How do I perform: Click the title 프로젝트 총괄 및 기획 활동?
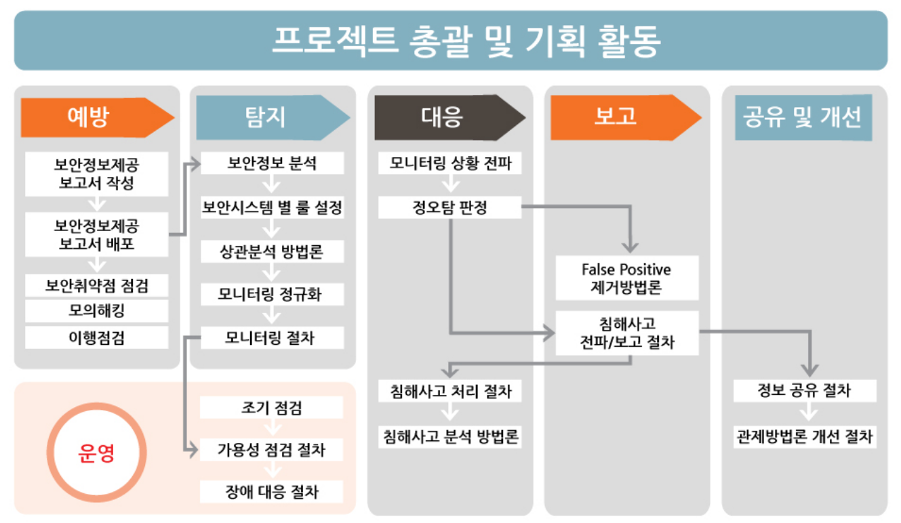point(450,41)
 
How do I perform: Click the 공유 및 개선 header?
point(803,117)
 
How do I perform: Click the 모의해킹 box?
point(96,312)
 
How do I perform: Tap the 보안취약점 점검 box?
point(96,285)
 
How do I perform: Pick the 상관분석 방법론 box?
point(272,252)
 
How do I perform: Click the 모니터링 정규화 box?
point(272,295)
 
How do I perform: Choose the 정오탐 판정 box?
point(450,207)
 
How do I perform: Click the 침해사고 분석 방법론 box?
point(450,437)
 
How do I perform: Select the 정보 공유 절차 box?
point(804,391)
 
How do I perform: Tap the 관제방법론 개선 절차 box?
point(804,437)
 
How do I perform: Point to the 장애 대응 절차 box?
point(271,492)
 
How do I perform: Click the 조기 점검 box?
point(271,408)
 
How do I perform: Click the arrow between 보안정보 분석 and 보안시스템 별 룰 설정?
point(272,185)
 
